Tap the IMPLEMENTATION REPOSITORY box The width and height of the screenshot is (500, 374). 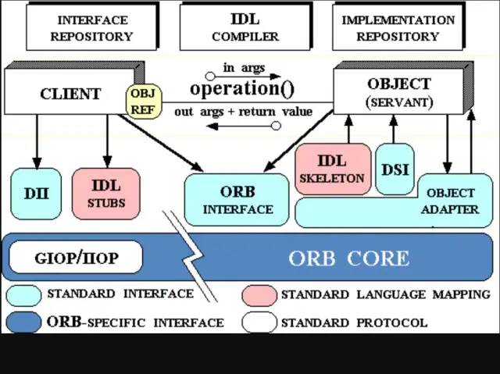(398, 27)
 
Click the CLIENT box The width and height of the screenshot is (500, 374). (70, 94)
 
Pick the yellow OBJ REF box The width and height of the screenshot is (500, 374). (143, 102)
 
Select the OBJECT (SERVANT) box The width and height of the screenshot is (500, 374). (398, 92)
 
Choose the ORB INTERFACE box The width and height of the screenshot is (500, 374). (237, 200)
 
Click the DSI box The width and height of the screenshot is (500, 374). (395, 169)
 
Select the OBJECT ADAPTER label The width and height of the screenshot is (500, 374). (449, 201)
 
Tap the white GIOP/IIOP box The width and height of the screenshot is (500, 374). (77, 258)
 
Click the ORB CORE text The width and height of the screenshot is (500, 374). (348, 258)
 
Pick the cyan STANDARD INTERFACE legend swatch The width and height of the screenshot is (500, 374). (24, 295)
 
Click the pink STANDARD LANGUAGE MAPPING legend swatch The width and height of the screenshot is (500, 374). (259, 295)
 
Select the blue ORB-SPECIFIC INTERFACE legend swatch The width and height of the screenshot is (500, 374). (24, 322)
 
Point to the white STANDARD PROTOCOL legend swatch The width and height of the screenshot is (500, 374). (259, 322)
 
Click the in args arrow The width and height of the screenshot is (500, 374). (244, 77)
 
